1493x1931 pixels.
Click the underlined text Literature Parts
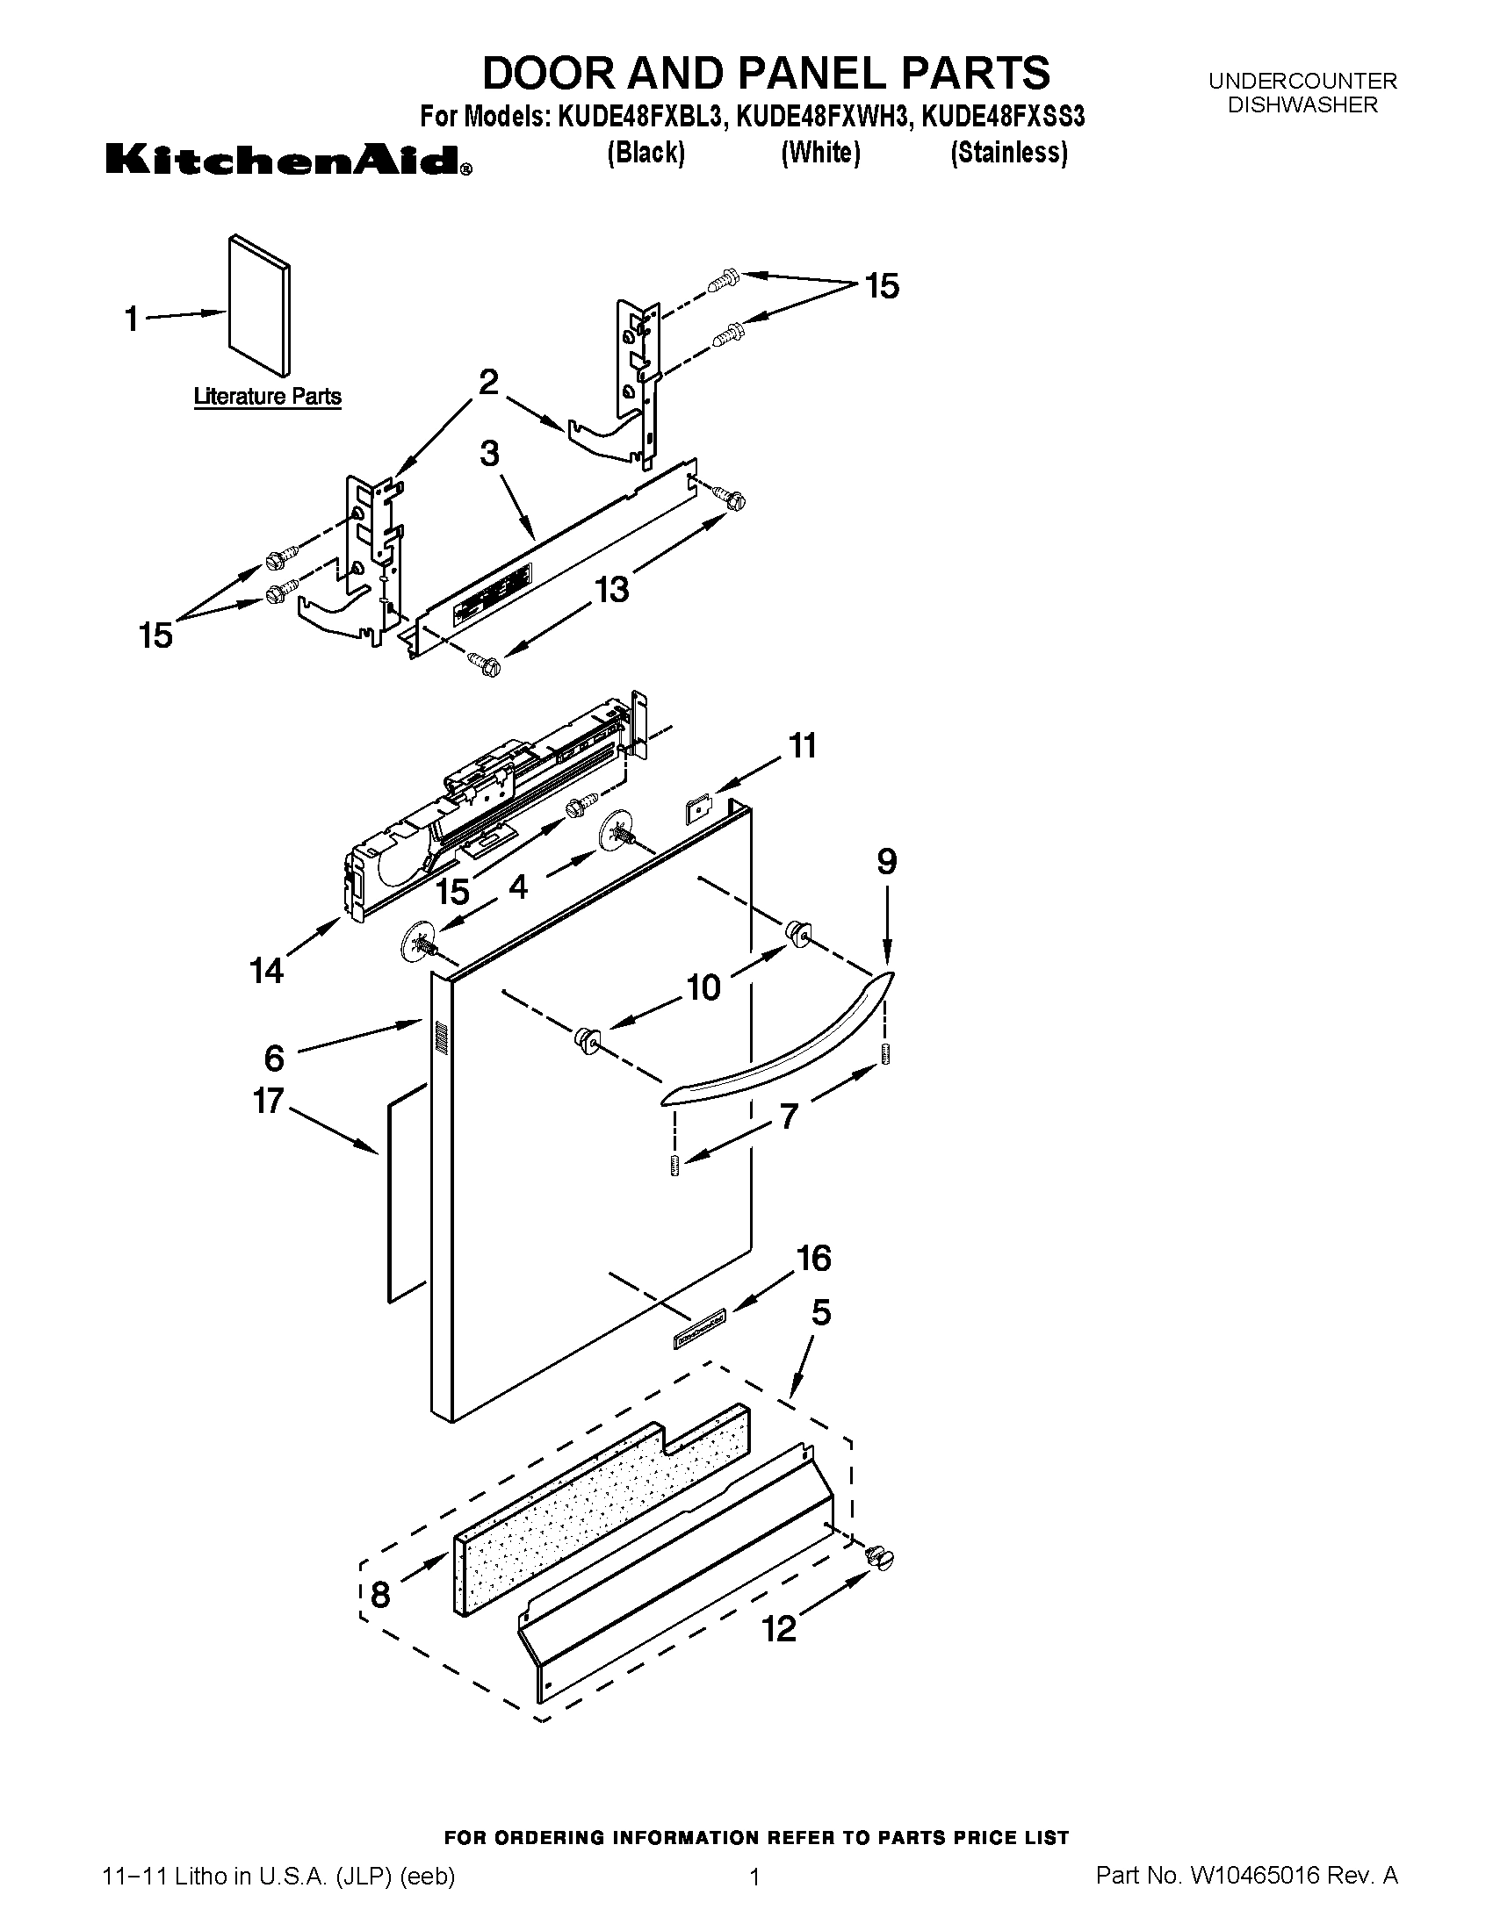[267, 397]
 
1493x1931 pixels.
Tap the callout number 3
[489, 455]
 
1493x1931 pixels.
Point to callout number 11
[802, 746]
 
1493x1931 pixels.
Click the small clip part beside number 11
[700, 809]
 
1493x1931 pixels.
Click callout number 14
[266, 971]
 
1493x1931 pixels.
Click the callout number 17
[268, 1102]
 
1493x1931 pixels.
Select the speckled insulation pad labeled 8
[602, 1506]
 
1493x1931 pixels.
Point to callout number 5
[821, 1313]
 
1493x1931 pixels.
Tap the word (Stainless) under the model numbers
[1008, 153]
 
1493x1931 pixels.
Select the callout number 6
[274, 1058]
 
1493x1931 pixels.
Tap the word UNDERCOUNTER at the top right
[1302, 82]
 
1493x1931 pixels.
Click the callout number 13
[612, 589]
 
